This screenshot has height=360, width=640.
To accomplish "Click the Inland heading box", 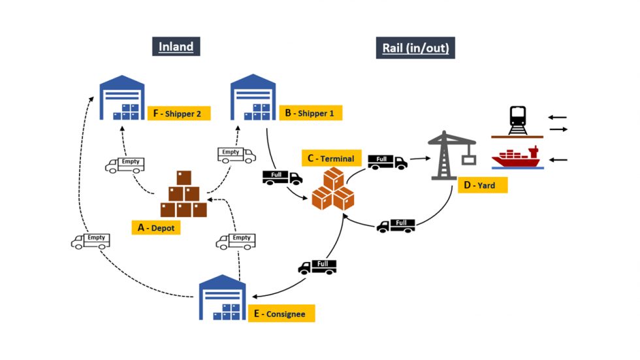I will click(176, 46).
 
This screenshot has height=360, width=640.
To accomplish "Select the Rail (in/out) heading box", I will click(415, 48).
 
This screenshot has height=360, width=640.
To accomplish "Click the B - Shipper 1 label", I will click(310, 113).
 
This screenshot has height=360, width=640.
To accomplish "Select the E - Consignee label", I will click(281, 314).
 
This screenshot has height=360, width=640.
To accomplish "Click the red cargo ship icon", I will click(517, 157).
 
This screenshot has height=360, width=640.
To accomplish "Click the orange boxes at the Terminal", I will click(332, 189).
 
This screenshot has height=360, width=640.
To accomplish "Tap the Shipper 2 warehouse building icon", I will click(121, 99).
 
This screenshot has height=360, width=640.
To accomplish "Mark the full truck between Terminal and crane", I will click(387, 161).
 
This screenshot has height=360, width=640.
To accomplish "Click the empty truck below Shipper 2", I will click(125, 163).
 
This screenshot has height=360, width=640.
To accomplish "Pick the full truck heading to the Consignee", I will click(317, 266).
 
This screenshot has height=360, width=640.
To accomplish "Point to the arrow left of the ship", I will click(558, 159).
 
